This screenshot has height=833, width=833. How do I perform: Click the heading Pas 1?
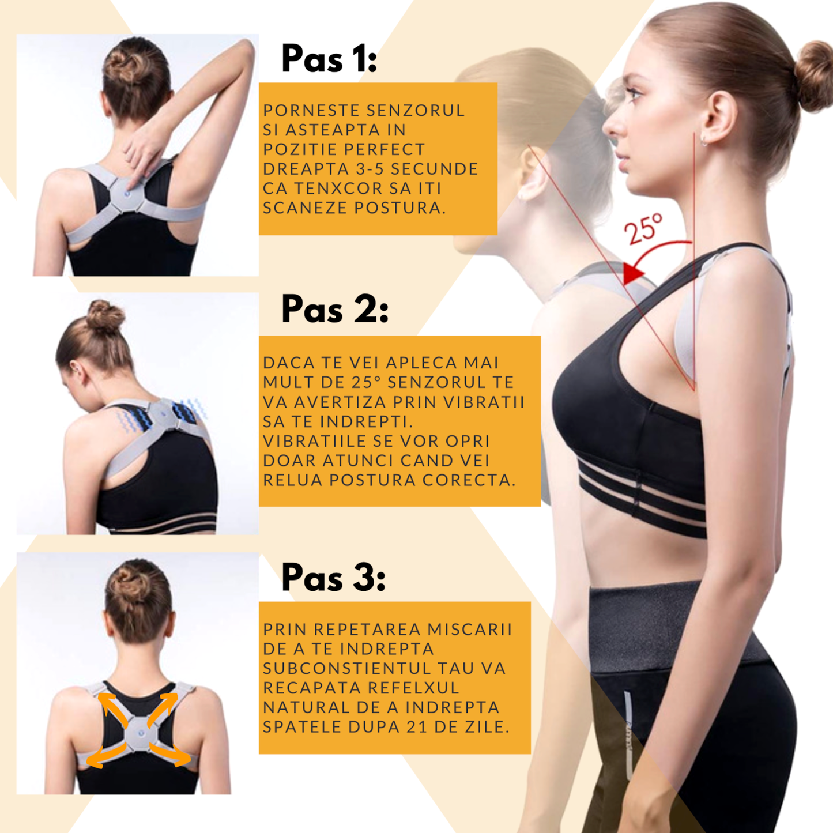tap(329, 58)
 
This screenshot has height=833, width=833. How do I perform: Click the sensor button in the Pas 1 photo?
tap(126, 194)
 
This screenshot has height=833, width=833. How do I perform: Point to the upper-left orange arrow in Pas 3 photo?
tap(113, 709)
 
